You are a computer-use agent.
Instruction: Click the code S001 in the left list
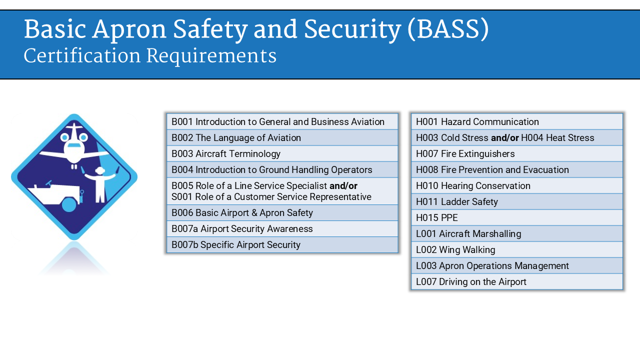[x=182, y=196]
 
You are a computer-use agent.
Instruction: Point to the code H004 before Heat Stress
[x=532, y=137]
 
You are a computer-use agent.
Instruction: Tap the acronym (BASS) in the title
[x=447, y=29]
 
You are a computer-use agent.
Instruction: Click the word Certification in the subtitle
[x=82, y=56]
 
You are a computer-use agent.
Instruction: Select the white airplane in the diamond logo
[x=74, y=145]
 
